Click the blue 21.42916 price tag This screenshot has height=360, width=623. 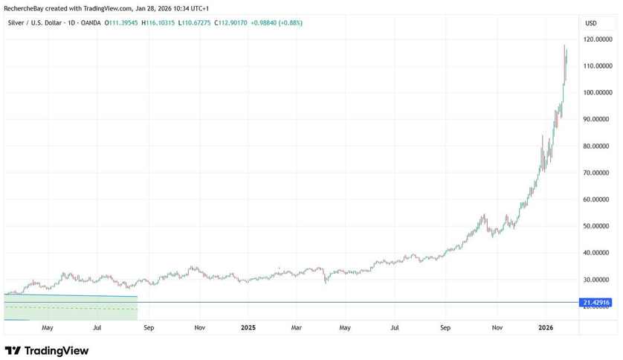595,303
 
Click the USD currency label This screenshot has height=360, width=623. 591,23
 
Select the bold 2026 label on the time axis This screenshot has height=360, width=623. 546,327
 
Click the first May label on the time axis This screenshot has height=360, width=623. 47,327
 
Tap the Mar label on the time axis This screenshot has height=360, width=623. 296,327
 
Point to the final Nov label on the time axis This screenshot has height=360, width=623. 497,327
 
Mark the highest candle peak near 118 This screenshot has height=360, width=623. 564,46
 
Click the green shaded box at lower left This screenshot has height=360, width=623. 71,308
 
